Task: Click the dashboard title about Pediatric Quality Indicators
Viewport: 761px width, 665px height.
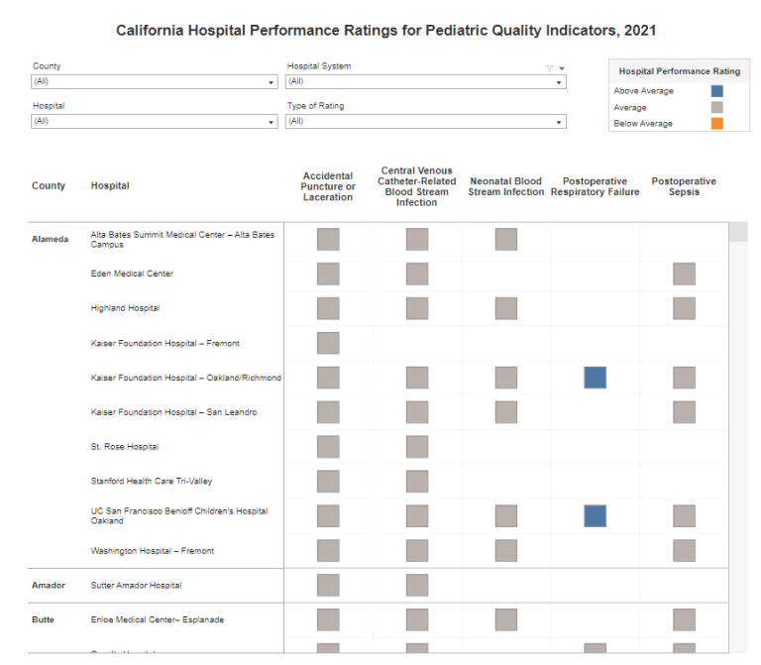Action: pyautogui.click(x=385, y=31)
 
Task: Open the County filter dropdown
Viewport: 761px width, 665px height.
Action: pyautogui.click(x=154, y=82)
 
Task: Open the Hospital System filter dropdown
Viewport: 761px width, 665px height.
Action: pyautogui.click(x=426, y=82)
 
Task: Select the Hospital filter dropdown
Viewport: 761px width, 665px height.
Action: pyautogui.click(x=154, y=121)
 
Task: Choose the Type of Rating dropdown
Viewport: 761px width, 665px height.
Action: pyautogui.click(x=426, y=121)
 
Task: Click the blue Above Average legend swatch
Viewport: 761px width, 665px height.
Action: pyautogui.click(x=716, y=91)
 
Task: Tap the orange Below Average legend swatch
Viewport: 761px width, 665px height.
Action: pyautogui.click(x=716, y=124)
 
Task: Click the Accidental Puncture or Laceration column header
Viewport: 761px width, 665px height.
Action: pyautogui.click(x=328, y=186)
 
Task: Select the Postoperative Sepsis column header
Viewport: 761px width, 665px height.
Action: pyautogui.click(x=684, y=186)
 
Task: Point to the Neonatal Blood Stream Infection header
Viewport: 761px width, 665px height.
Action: pyautogui.click(x=505, y=186)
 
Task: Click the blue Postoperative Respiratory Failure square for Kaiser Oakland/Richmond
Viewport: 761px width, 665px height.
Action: pyautogui.click(x=595, y=378)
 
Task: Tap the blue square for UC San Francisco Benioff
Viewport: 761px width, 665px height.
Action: pyautogui.click(x=595, y=515)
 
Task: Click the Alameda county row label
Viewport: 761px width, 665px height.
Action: pyautogui.click(x=51, y=239)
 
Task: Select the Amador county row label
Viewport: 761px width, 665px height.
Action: pyautogui.click(x=50, y=586)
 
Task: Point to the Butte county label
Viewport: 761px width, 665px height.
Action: pyautogui.click(x=44, y=620)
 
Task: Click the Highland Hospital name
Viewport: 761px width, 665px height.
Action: pyautogui.click(x=125, y=308)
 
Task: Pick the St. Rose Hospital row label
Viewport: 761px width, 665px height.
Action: pyautogui.click(x=125, y=447)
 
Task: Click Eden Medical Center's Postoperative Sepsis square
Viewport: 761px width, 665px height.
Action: pyautogui.click(x=684, y=274)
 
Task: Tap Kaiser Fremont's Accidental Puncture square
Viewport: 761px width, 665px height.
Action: pyautogui.click(x=328, y=343)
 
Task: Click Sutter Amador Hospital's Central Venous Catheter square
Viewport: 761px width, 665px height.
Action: pyautogui.click(x=417, y=586)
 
